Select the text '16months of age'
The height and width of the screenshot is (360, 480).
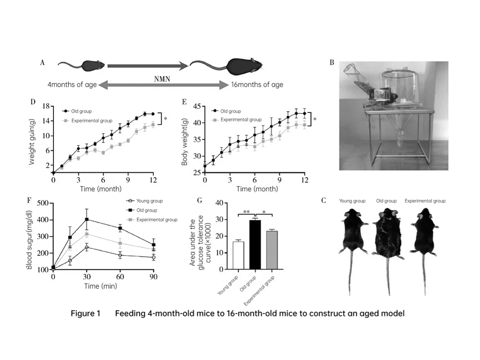tap(257, 85)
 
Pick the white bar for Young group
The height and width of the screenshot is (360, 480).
tap(238, 255)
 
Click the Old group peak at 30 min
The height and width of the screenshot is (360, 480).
tap(86, 219)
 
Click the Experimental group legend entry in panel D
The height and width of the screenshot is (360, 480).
tap(89, 120)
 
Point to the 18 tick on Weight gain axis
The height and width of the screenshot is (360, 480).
tap(46, 106)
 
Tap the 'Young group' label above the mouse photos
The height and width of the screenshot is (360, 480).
tap(352, 201)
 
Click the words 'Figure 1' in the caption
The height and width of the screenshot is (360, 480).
tap(85, 314)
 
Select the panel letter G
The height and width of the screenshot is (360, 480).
tap(200, 200)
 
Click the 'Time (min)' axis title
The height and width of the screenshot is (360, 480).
tap(100, 286)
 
